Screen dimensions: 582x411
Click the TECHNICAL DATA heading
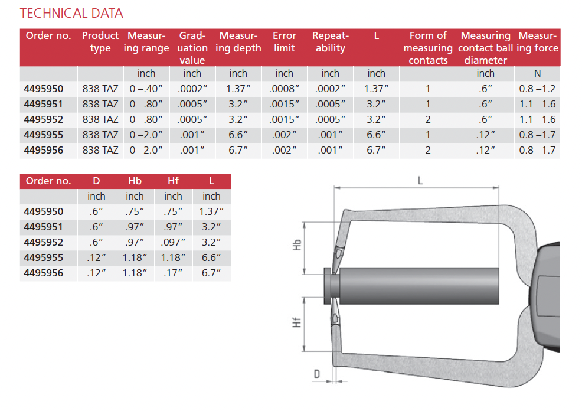pyautogui.click(x=71, y=14)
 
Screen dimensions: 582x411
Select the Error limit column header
pyautogui.click(x=285, y=41)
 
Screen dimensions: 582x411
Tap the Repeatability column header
pyautogui.click(x=331, y=41)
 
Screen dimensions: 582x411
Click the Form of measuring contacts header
pyautogui.click(x=428, y=48)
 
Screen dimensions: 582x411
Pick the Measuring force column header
pyautogui.click(x=538, y=41)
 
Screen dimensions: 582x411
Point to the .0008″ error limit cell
pyautogui.click(x=285, y=89)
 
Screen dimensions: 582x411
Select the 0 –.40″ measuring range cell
pyautogui.click(x=146, y=89)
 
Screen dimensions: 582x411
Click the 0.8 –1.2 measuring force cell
pyautogui.click(x=538, y=89)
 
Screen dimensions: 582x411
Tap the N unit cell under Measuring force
pyautogui.click(x=538, y=73)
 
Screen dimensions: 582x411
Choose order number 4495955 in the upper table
pyautogui.click(x=44, y=135)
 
